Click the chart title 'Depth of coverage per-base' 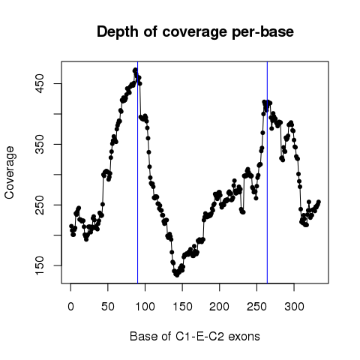(195, 32)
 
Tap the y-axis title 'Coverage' (10, 172)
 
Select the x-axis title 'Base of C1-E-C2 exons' (195, 336)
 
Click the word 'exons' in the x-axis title (244, 337)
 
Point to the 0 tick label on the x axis (70, 307)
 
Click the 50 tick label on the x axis (108, 307)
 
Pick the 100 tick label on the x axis (145, 307)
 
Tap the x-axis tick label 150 (182, 307)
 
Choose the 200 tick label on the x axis (220, 307)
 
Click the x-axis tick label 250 (256, 307)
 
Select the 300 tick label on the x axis (294, 307)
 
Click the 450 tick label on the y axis (40, 83)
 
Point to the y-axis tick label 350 (40, 144)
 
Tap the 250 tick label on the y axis (40, 205)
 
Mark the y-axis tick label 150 (40, 265)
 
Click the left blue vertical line (138, 172)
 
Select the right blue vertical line (267, 172)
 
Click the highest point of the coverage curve (135, 70)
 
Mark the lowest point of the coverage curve (177, 274)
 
